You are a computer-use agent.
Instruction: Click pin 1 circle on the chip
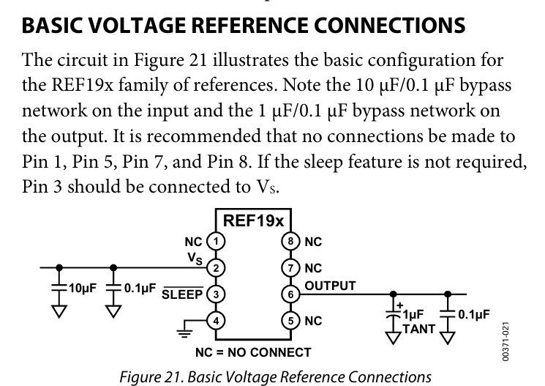pos(215,241)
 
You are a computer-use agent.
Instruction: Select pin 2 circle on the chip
pos(215,267)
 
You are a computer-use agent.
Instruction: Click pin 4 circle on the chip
pos(215,320)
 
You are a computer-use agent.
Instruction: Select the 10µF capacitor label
pos(81,288)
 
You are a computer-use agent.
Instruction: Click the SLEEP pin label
pos(182,295)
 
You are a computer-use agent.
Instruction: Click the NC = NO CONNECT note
pos(252,352)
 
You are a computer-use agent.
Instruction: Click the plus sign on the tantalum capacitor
pos(399,301)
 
